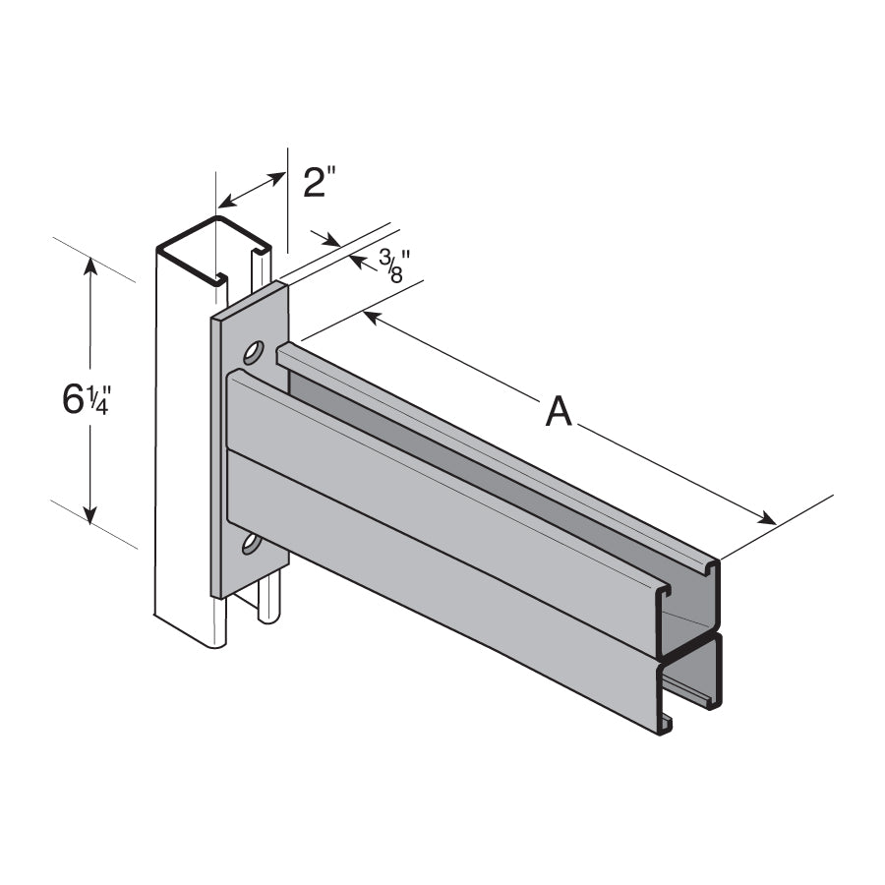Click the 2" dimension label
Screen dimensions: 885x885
click(320, 183)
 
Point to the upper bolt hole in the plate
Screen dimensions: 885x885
click(254, 351)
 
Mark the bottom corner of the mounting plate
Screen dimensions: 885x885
click(216, 595)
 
